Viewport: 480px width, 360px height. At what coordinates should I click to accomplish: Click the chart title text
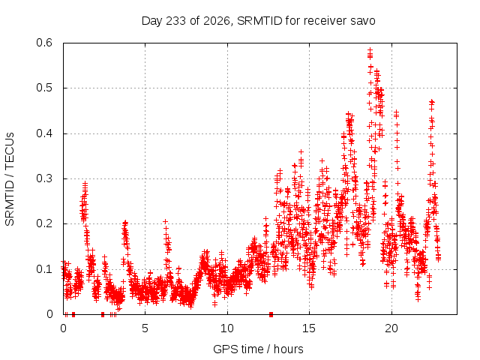point(258,21)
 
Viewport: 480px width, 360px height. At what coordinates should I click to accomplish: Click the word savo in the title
point(364,21)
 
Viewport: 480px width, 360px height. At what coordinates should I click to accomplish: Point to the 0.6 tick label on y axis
point(44,43)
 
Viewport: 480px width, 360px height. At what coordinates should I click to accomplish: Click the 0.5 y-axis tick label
point(44,88)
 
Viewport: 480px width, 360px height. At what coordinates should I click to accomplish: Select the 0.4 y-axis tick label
point(44,133)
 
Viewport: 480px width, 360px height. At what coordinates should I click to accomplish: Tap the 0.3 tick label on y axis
point(44,178)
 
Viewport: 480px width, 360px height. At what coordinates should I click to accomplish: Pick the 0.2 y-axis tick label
point(44,223)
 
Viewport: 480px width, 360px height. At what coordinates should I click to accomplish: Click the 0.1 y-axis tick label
point(44,269)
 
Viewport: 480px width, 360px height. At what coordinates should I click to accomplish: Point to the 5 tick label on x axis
point(145,328)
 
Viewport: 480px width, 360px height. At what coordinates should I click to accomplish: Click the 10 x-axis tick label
point(227,328)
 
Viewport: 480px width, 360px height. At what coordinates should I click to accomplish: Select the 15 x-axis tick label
point(309,328)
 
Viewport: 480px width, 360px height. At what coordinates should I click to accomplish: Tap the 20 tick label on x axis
point(391,328)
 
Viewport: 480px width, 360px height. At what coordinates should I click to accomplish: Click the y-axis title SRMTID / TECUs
point(10,179)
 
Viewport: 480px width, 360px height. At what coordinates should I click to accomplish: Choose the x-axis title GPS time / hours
point(258,349)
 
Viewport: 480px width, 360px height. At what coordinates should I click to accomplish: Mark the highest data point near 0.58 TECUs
point(370,49)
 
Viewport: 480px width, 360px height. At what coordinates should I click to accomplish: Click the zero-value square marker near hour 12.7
point(271,314)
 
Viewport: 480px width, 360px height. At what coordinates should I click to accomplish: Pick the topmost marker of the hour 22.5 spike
point(432,101)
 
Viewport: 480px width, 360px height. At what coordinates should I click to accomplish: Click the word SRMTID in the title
point(259,21)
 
